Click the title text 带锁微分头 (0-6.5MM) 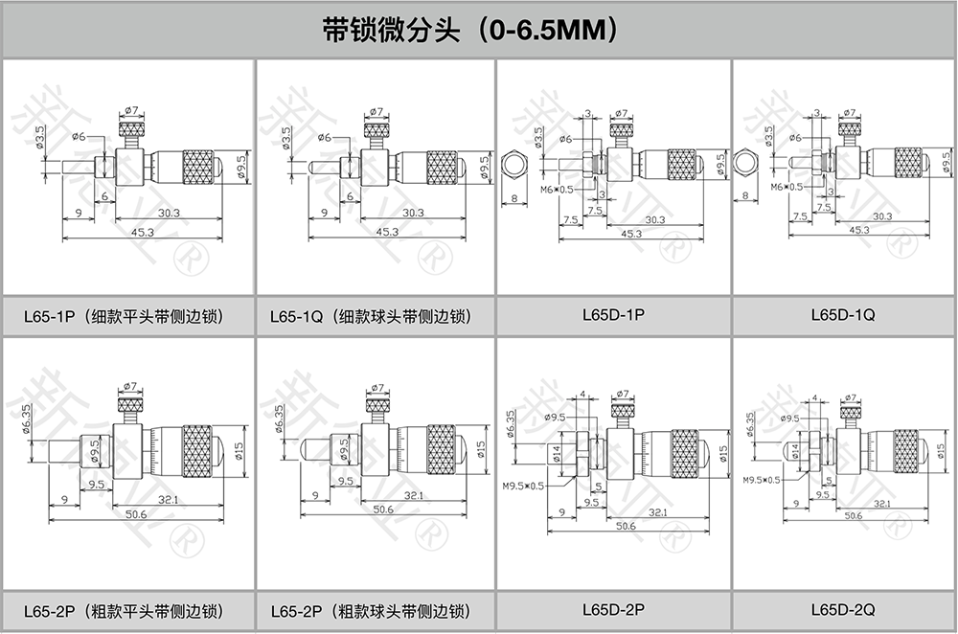click(468, 30)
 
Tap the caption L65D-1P click(613, 314)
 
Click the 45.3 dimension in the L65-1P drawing click(145, 231)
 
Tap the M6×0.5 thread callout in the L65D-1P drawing click(557, 190)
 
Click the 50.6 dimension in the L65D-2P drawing click(626, 527)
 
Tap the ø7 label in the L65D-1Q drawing click(849, 113)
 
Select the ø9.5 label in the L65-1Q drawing click(483, 166)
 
